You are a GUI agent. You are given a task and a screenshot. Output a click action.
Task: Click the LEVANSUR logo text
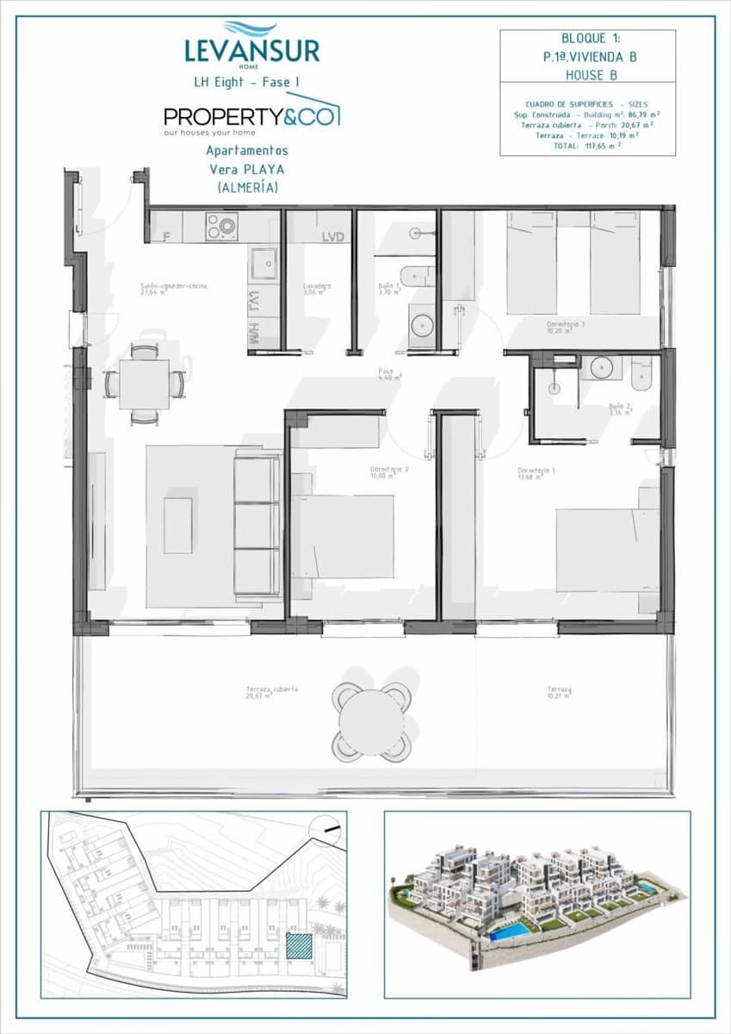coord(251,50)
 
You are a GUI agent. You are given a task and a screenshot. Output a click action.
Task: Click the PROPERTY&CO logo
coord(251,115)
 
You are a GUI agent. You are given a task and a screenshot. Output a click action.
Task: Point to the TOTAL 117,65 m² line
coord(588,146)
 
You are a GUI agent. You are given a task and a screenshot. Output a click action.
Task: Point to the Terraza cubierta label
coord(271,691)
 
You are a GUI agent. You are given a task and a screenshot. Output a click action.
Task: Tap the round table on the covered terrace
coord(371,722)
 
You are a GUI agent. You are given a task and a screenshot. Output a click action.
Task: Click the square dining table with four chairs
coord(144,384)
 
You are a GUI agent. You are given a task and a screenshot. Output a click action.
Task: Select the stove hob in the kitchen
coord(221,227)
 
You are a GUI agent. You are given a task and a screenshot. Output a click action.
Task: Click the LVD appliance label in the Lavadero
coord(332,237)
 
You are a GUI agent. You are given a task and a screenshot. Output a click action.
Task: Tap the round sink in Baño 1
coord(422,325)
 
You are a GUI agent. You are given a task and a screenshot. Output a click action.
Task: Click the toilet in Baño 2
coord(642,371)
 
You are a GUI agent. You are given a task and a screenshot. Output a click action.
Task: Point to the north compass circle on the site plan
coord(326,829)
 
